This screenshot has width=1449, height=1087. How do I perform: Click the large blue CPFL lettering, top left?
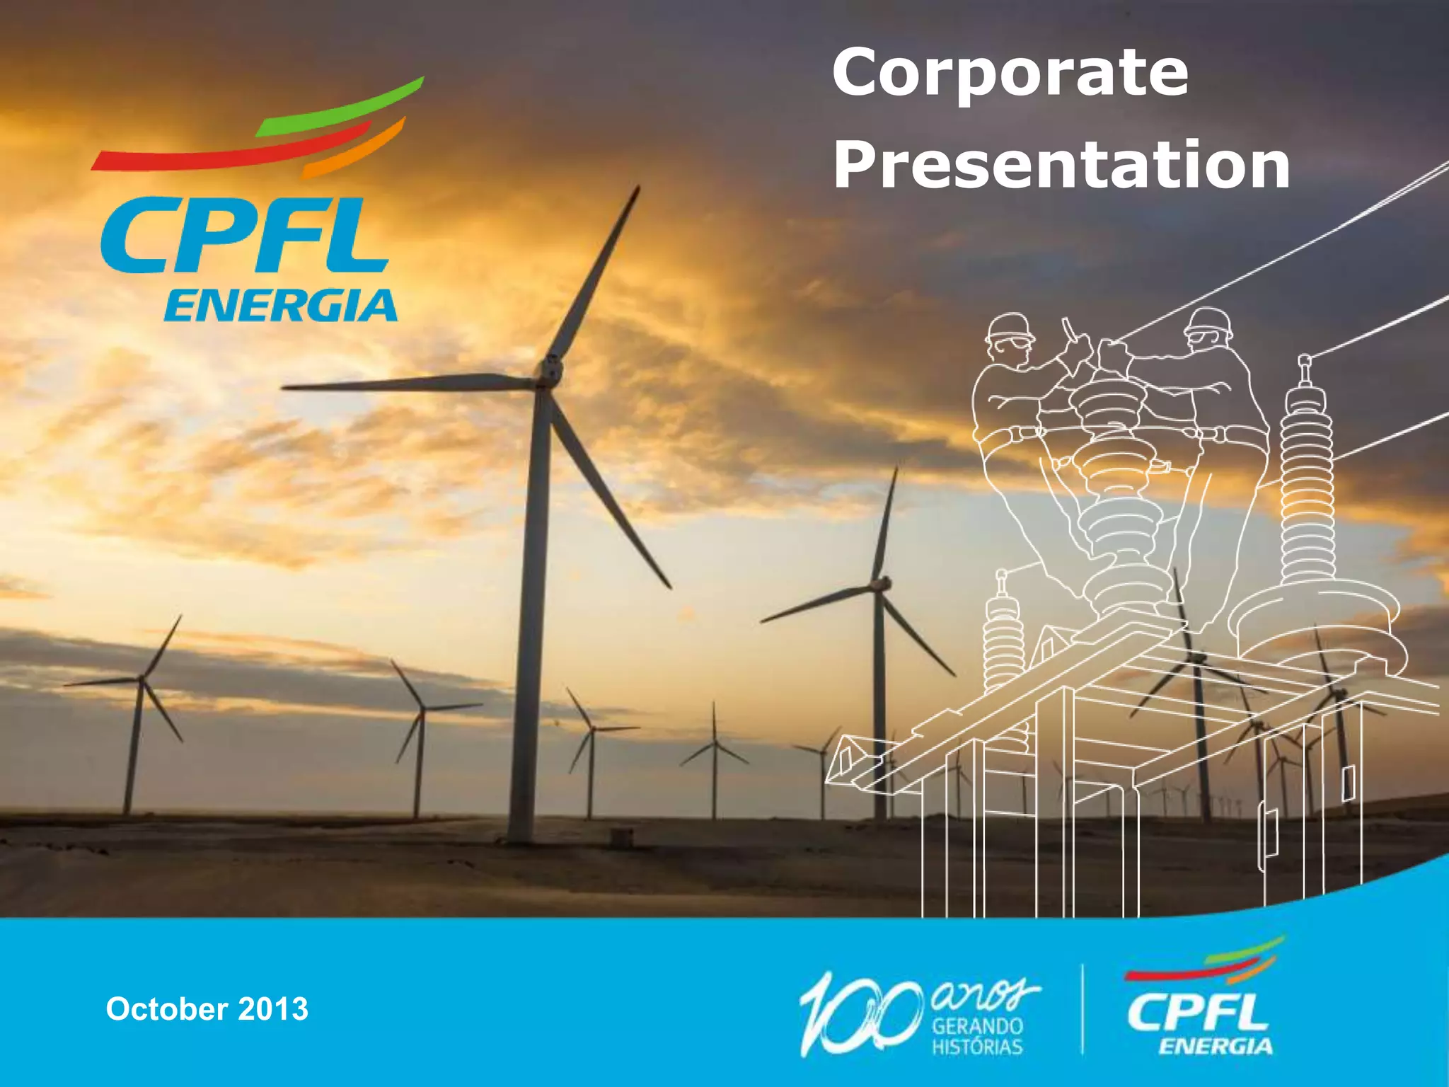(244, 236)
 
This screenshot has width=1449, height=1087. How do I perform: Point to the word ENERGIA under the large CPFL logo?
(280, 306)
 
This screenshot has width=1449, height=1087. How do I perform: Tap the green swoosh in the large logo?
(340, 110)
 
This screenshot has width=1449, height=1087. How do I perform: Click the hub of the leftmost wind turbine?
(142, 679)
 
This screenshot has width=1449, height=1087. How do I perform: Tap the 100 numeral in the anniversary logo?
(860, 1015)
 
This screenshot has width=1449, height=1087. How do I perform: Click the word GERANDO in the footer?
(977, 1025)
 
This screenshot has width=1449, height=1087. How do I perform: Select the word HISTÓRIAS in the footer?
(977, 1047)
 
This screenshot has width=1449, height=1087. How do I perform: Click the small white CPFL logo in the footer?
(1198, 1013)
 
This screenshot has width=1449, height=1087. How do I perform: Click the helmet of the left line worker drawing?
(1010, 328)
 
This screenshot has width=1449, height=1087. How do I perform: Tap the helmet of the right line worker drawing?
(1208, 321)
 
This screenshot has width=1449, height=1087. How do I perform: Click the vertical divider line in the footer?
(1083, 1009)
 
